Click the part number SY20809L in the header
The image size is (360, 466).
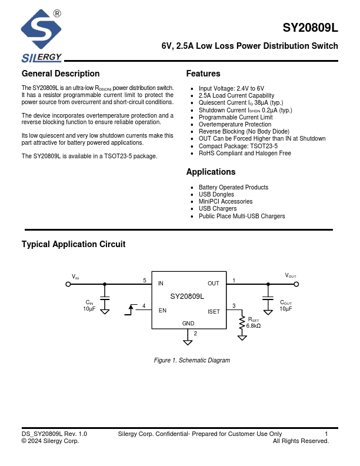310,28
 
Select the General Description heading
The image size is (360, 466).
61,74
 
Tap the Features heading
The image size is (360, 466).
203,74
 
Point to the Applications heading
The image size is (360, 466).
211,172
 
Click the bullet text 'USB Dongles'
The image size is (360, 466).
216,195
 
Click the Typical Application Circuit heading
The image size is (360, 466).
74,245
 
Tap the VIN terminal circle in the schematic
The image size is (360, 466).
68,284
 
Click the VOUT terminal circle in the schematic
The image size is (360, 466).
296,284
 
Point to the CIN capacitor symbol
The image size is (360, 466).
105,299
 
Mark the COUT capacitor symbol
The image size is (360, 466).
268,299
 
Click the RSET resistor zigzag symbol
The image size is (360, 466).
242,324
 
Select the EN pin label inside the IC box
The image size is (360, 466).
162,311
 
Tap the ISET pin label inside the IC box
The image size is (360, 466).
214,311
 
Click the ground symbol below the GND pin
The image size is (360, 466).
188,341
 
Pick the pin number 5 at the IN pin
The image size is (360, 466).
145,281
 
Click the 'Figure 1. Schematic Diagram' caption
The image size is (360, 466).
192,360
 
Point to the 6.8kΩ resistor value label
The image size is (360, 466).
254,326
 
